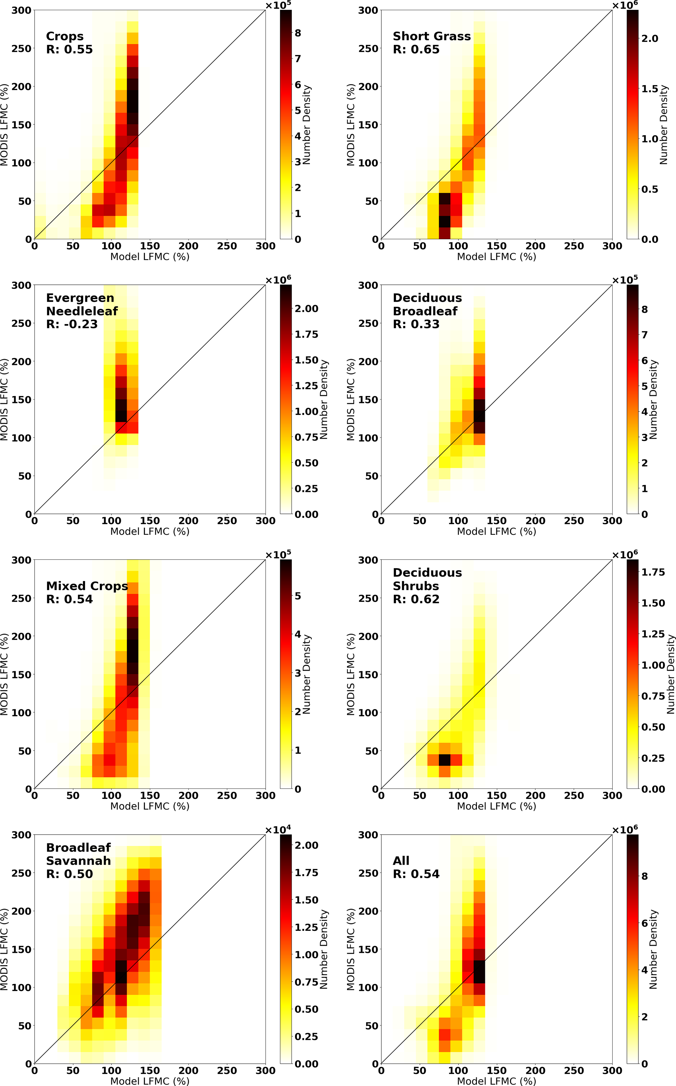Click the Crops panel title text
click(65, 36)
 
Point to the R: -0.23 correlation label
click(72, 324)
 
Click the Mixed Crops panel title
click(87, 586)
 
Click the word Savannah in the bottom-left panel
click(78, 861)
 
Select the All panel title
click(401, 861)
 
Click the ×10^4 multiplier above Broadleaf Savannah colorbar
click(278, 830)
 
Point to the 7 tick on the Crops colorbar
click(298, 59)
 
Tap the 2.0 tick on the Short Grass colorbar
click(650, 39)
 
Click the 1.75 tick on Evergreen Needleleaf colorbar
click(306, 334)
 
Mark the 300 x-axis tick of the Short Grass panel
click(612, 246)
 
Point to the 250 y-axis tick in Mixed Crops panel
click(22, 598)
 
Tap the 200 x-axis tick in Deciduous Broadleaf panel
click(535, 521)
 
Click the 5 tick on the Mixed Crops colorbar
click(298, 596)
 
